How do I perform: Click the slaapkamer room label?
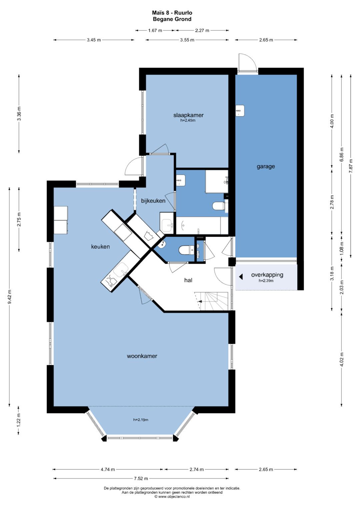pos(188,115)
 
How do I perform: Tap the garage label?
pos(266,167)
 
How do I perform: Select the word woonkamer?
pos(142,356)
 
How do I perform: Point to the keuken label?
pos(100,247)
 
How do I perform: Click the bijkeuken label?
pos(153,201)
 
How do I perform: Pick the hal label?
pos(188,280)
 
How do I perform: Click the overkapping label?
pos(267,275)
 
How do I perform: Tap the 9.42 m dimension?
pos(10,297)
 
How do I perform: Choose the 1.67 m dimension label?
pos(155,30)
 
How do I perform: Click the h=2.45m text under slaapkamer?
pos(188,120)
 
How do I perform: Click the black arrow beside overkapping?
pos(241,277)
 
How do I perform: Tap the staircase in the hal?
pos(211,301)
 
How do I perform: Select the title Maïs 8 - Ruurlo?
pos(172,13)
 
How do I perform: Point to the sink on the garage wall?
pos(240,111)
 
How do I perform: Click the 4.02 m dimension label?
pos(342,359)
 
